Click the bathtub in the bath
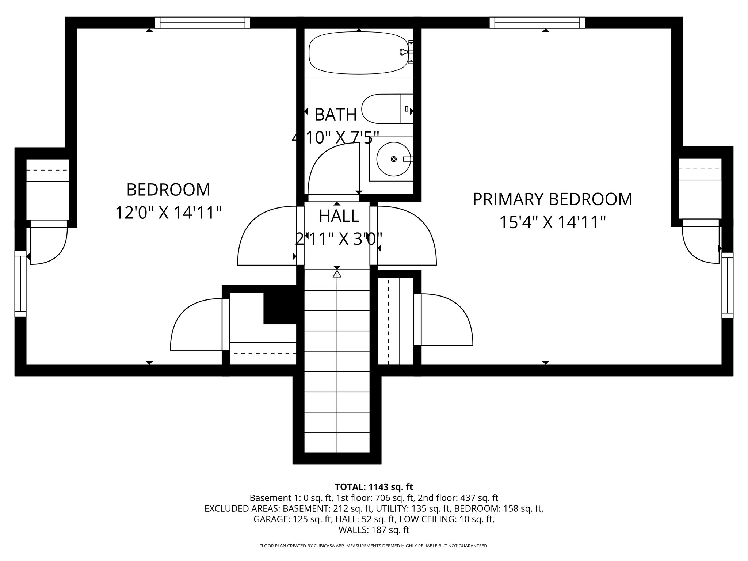point(358,53)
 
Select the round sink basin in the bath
point(393,159)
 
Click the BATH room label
point(335,115)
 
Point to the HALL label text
point(339,216)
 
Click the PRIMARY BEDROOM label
point(552,199)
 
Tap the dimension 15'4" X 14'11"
point(552,222)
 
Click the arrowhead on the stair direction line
point(337,274)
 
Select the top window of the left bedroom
point(202,23)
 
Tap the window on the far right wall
point(727,285)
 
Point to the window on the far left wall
point(20,283)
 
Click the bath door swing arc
point(331,168)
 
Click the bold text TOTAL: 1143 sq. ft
point(374,487)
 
